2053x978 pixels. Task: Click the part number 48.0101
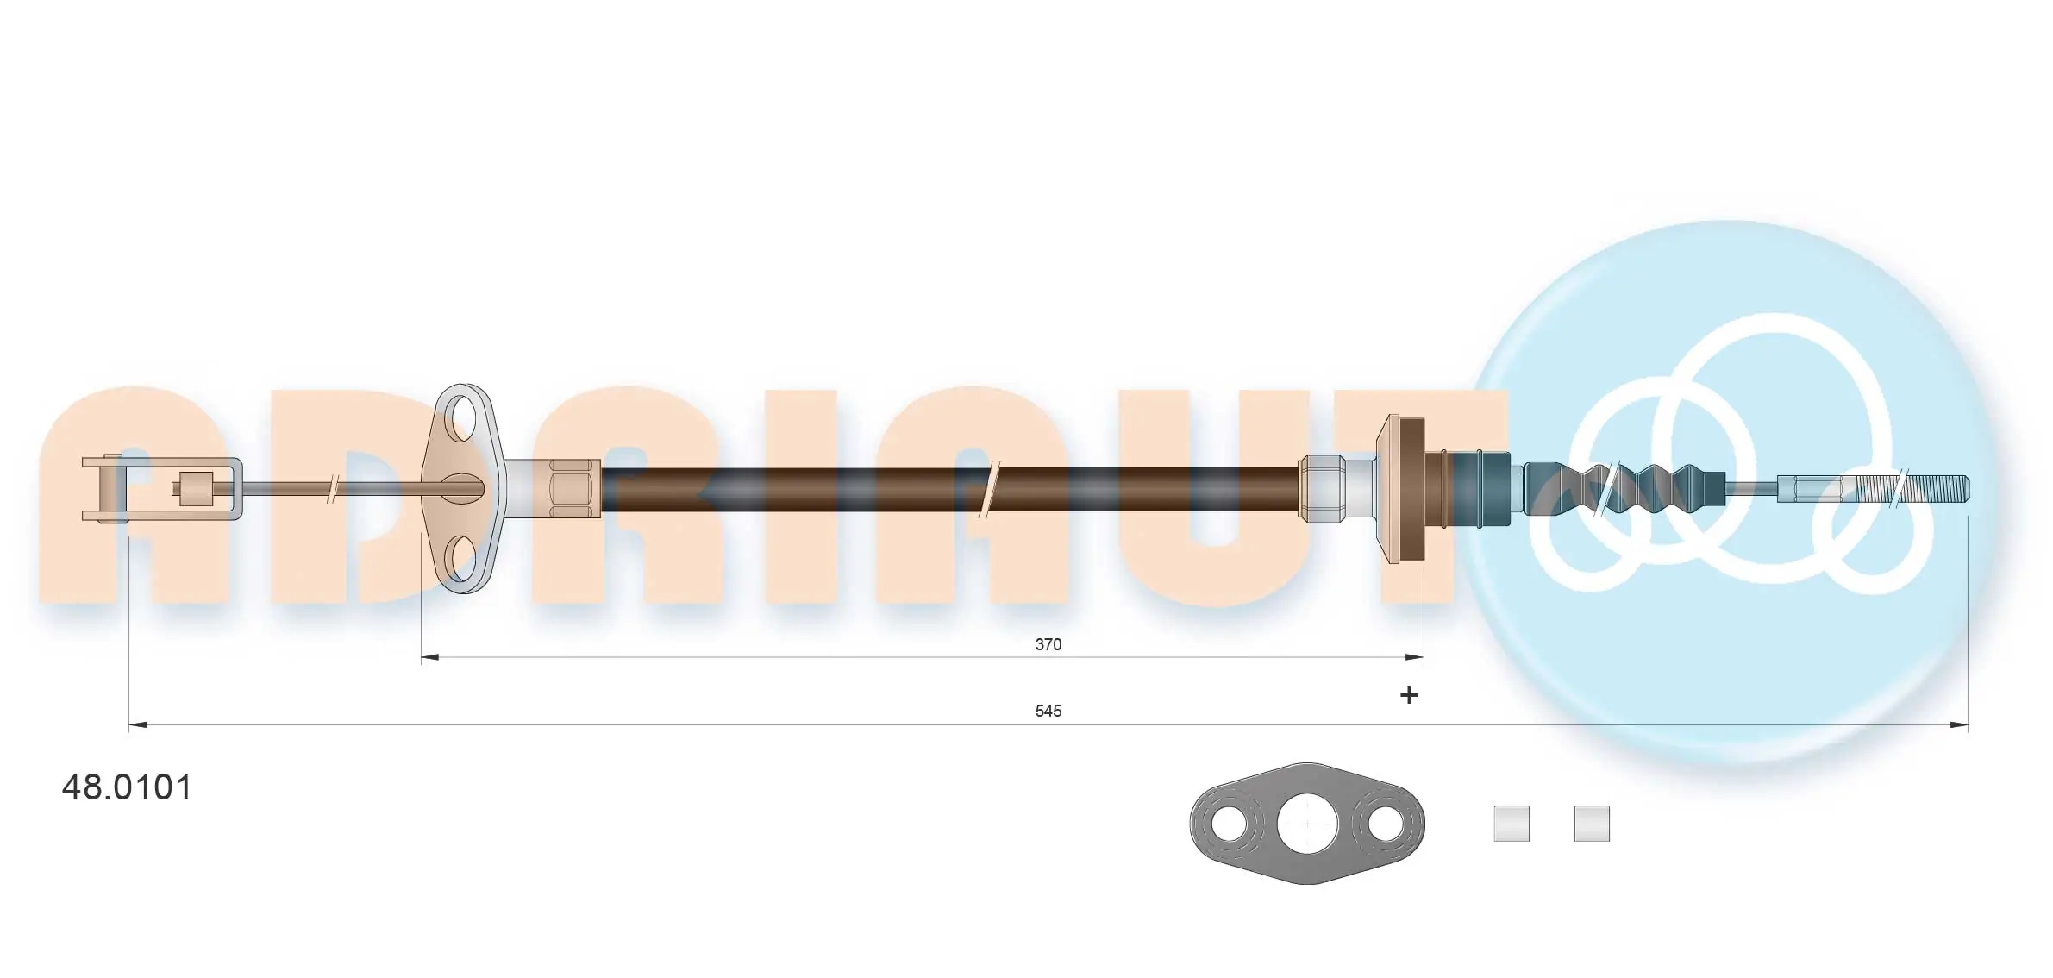click(128, 787)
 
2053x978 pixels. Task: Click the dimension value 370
click(1048, 644)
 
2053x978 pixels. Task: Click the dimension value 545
click(1048, 711)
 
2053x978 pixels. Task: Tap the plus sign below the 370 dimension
click(1408, 695)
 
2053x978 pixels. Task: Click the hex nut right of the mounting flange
click(575, 489)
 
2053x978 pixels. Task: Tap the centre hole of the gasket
click(1307, 824)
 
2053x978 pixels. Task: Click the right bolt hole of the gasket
click(1386, 824)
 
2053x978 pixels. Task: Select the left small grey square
click(1511, 824)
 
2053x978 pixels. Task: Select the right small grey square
click(1591, 824)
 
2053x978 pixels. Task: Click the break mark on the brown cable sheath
click(990, 489)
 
